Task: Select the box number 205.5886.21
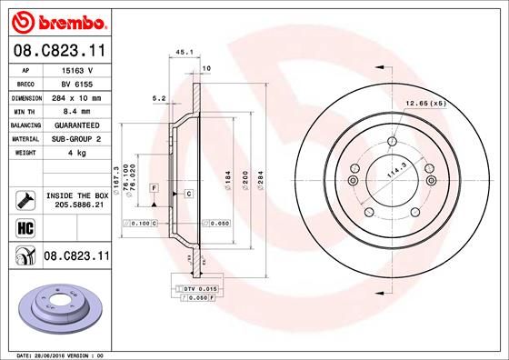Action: (76, 206)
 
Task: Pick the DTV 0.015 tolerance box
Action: (192, 287)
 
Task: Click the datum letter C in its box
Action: (187, 195)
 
